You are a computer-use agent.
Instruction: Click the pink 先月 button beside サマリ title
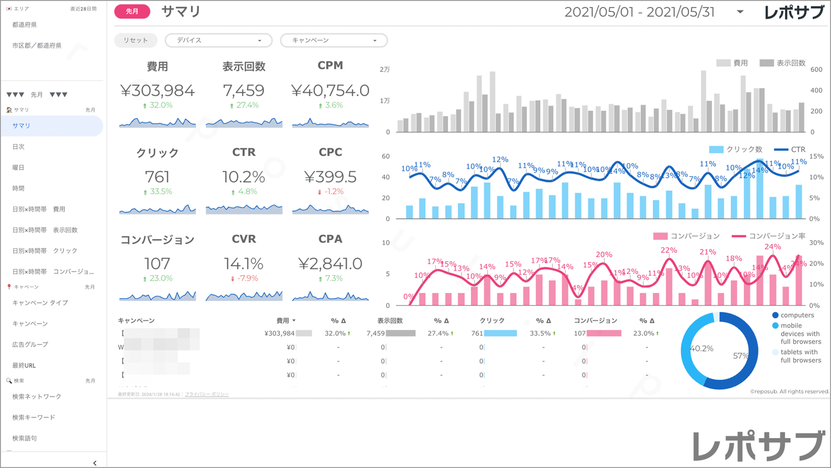(132, 12)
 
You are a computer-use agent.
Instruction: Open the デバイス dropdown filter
(219, 40)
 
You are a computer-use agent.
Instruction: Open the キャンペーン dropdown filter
(334, 40)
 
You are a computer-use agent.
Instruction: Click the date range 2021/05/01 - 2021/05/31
(639, 12)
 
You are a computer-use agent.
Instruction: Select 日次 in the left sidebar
(18, 147)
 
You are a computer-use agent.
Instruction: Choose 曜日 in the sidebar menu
(18, 168)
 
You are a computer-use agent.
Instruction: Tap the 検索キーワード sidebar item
(34, 417)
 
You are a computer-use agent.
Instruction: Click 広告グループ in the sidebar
(30, 344)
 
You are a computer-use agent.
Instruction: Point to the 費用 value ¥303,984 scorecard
(157, 90)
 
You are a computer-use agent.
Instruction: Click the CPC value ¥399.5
(330, 177)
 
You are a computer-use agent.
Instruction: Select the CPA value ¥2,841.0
(330, 264)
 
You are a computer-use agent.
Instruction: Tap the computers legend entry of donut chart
(797, 315)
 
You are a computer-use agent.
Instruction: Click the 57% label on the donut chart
(741, 356)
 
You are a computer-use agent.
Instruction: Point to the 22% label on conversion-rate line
(669, 250)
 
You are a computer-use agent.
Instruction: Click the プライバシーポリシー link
(206, 394)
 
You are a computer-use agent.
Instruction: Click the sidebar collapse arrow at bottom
(95, 463)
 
